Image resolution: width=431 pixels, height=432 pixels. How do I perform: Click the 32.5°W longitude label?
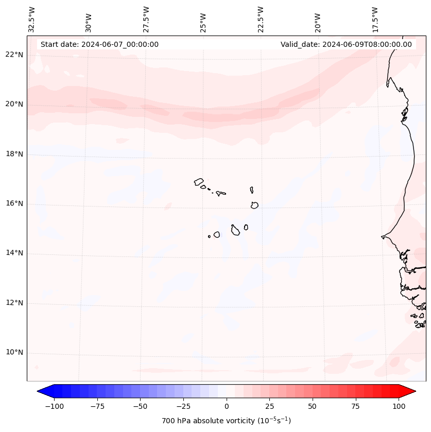coord(32,19)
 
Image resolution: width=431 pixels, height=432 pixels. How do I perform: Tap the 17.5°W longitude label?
coord(375,19)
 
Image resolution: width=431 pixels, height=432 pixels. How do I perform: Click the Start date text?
coord(99,44)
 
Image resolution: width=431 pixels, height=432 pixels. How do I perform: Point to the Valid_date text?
coord(346,44)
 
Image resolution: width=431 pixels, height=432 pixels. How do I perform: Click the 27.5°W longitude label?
coord(146,19)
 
